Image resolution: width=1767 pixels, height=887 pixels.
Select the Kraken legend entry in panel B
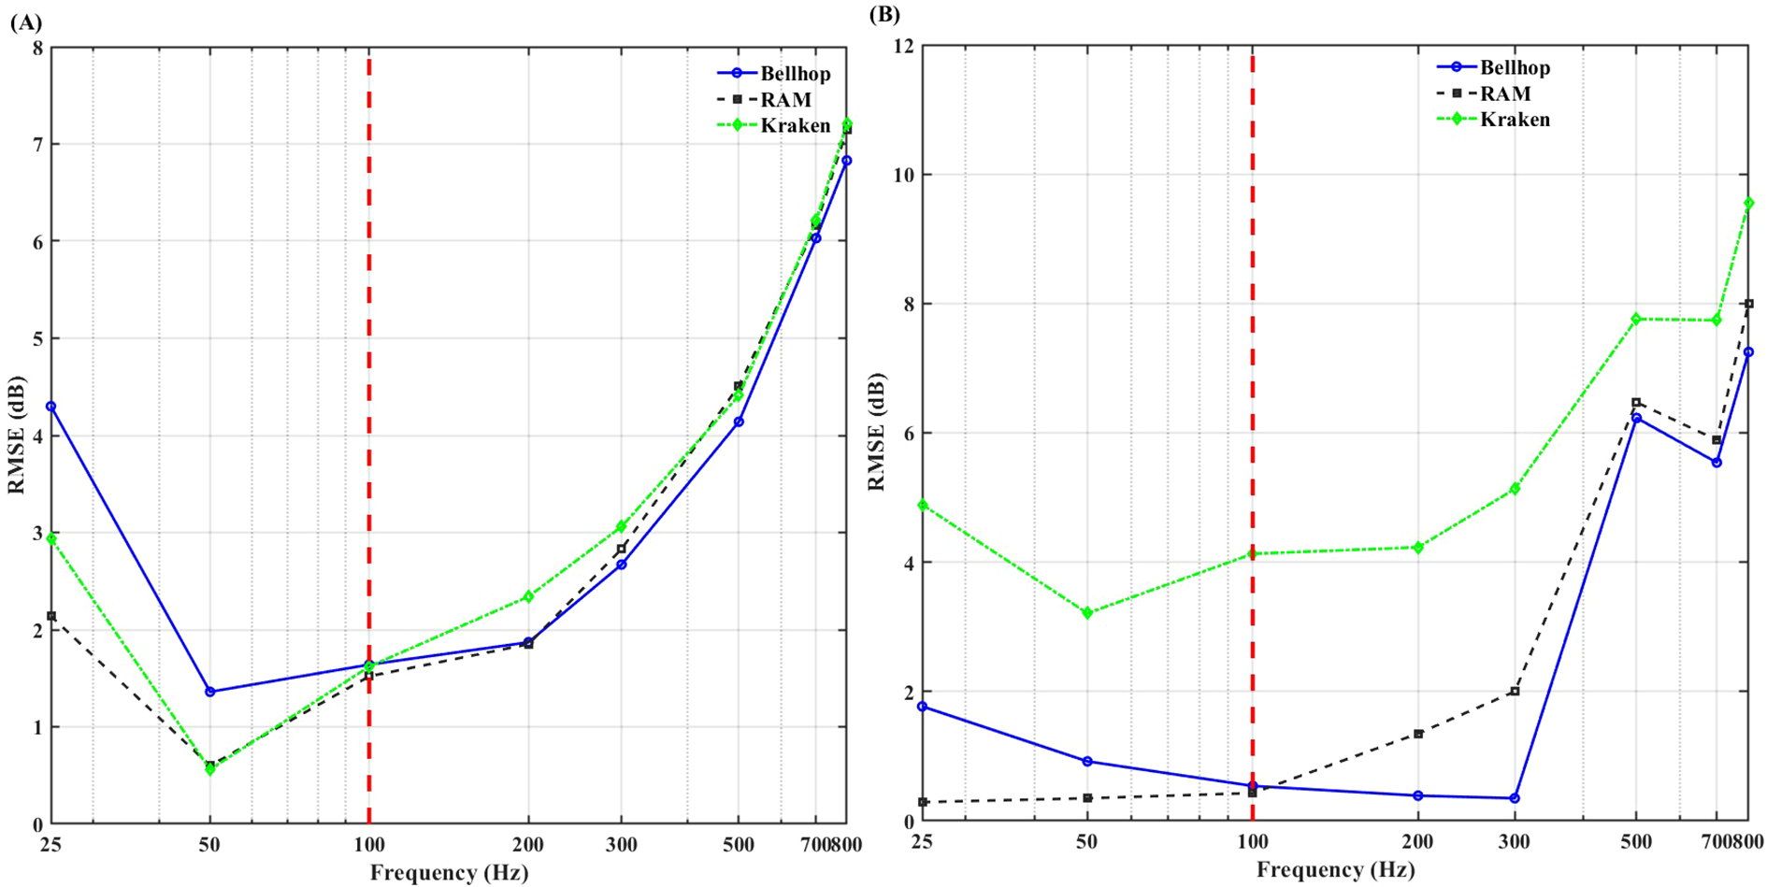pos(1515,120)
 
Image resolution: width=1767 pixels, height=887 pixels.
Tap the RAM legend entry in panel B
pos(1505,93)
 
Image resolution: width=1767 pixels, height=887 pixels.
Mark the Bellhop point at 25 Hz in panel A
pos(51,407)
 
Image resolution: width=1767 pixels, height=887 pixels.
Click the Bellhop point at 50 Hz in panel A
pos(210,692)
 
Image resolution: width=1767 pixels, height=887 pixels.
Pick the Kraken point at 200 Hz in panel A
pos(528,596)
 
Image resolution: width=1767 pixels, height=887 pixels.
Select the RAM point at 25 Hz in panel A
pos(51,616)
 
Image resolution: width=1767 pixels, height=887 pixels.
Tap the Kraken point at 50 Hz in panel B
pos(1087,613)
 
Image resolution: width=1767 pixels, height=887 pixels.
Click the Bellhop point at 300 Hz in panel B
pos(1515,798)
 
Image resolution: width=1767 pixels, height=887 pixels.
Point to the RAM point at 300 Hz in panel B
pos(1515,692)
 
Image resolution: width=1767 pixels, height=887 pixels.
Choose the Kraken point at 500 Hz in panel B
pos(1636,319)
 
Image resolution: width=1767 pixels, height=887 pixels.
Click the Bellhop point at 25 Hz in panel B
pos(923,707)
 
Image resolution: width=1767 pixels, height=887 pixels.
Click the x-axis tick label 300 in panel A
pos(621,845)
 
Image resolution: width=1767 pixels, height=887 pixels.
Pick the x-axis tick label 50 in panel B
pos(1087,841)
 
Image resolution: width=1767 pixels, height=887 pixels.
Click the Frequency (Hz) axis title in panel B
pos(1335,870)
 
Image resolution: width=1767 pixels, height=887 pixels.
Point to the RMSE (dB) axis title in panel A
pos(17,436)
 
